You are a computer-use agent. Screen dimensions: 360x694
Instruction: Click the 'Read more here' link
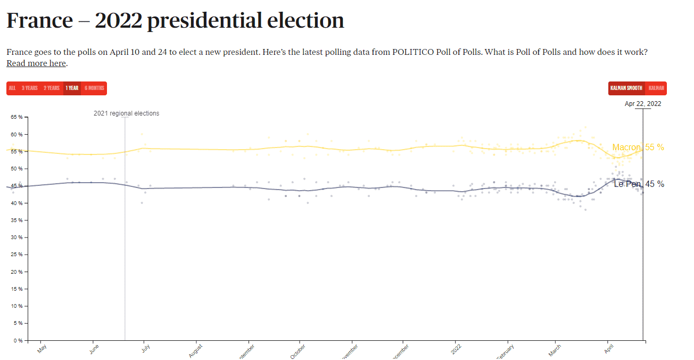pos(36,63)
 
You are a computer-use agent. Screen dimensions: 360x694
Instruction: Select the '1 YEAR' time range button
pos(72,88)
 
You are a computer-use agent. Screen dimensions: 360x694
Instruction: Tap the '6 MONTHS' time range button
pos(94,88)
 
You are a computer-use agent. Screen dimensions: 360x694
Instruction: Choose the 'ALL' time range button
pos(12,88)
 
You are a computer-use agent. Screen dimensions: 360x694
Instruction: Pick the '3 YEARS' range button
pos(30,88)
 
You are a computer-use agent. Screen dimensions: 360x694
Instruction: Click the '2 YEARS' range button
pos(52,88)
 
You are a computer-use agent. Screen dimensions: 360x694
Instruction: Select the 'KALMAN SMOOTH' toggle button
pos(626,88)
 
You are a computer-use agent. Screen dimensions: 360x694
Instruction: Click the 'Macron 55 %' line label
pos(638,148)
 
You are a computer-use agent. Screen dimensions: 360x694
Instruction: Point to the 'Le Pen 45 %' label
pos(639,184)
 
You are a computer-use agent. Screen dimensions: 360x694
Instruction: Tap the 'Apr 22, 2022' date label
pos(643,104)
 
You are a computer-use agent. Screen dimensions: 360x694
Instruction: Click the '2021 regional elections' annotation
pos(126,113)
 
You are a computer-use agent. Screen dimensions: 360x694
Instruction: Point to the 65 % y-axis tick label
pos(16,117)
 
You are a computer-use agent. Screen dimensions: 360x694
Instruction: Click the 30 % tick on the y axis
pos(16,238)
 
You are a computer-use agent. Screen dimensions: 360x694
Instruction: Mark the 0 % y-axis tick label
pos(17,340)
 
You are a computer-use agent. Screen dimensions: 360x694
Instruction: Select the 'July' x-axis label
pos(146,349)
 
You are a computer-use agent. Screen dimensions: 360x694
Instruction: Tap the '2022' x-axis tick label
pos(456,349)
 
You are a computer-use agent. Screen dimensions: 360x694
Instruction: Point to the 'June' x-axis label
pos(94,349)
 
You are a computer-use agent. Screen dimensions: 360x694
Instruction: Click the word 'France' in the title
pos(39,21)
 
